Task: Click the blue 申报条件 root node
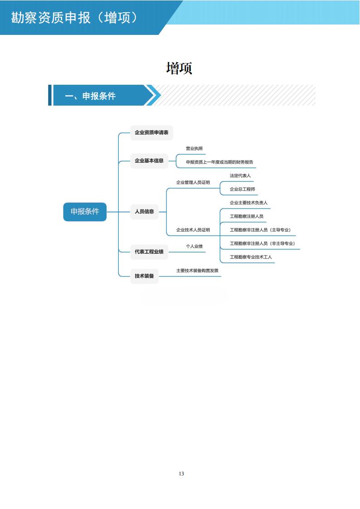85,212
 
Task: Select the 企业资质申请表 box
151,133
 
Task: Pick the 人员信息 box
144,211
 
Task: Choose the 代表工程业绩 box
149,251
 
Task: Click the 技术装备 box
144,276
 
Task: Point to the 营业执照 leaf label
194,148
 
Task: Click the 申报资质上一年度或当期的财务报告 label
219,162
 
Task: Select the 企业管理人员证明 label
193,183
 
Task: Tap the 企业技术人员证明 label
193,230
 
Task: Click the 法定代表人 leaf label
240,175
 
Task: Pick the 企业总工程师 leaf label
242,189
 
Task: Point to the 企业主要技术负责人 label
248,203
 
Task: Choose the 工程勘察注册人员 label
247,216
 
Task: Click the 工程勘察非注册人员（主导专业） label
260,230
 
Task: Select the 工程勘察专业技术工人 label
251,257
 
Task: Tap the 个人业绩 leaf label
194,246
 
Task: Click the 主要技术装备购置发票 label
197,271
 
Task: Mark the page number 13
181,474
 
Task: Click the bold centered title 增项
180,68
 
